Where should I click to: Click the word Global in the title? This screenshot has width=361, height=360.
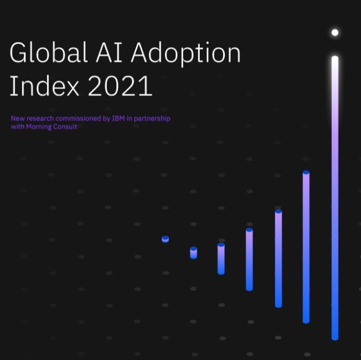coord(49,54)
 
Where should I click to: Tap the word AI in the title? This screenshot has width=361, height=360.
coord(113,54)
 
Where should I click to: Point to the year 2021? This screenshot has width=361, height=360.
coord(120,86)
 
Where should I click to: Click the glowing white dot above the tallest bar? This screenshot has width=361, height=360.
coord(335,33)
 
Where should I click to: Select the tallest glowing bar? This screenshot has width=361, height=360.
coord(335,197)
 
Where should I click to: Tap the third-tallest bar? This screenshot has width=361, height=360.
coord(278,258)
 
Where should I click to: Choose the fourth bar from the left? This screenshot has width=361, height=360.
coord(249,259)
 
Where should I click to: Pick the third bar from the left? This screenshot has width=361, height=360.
coord(221,258)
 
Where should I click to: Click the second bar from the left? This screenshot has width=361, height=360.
coord(194,253)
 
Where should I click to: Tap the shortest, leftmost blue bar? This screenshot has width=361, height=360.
coord(165,239)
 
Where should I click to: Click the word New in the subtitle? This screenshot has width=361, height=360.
coord(17,119)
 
